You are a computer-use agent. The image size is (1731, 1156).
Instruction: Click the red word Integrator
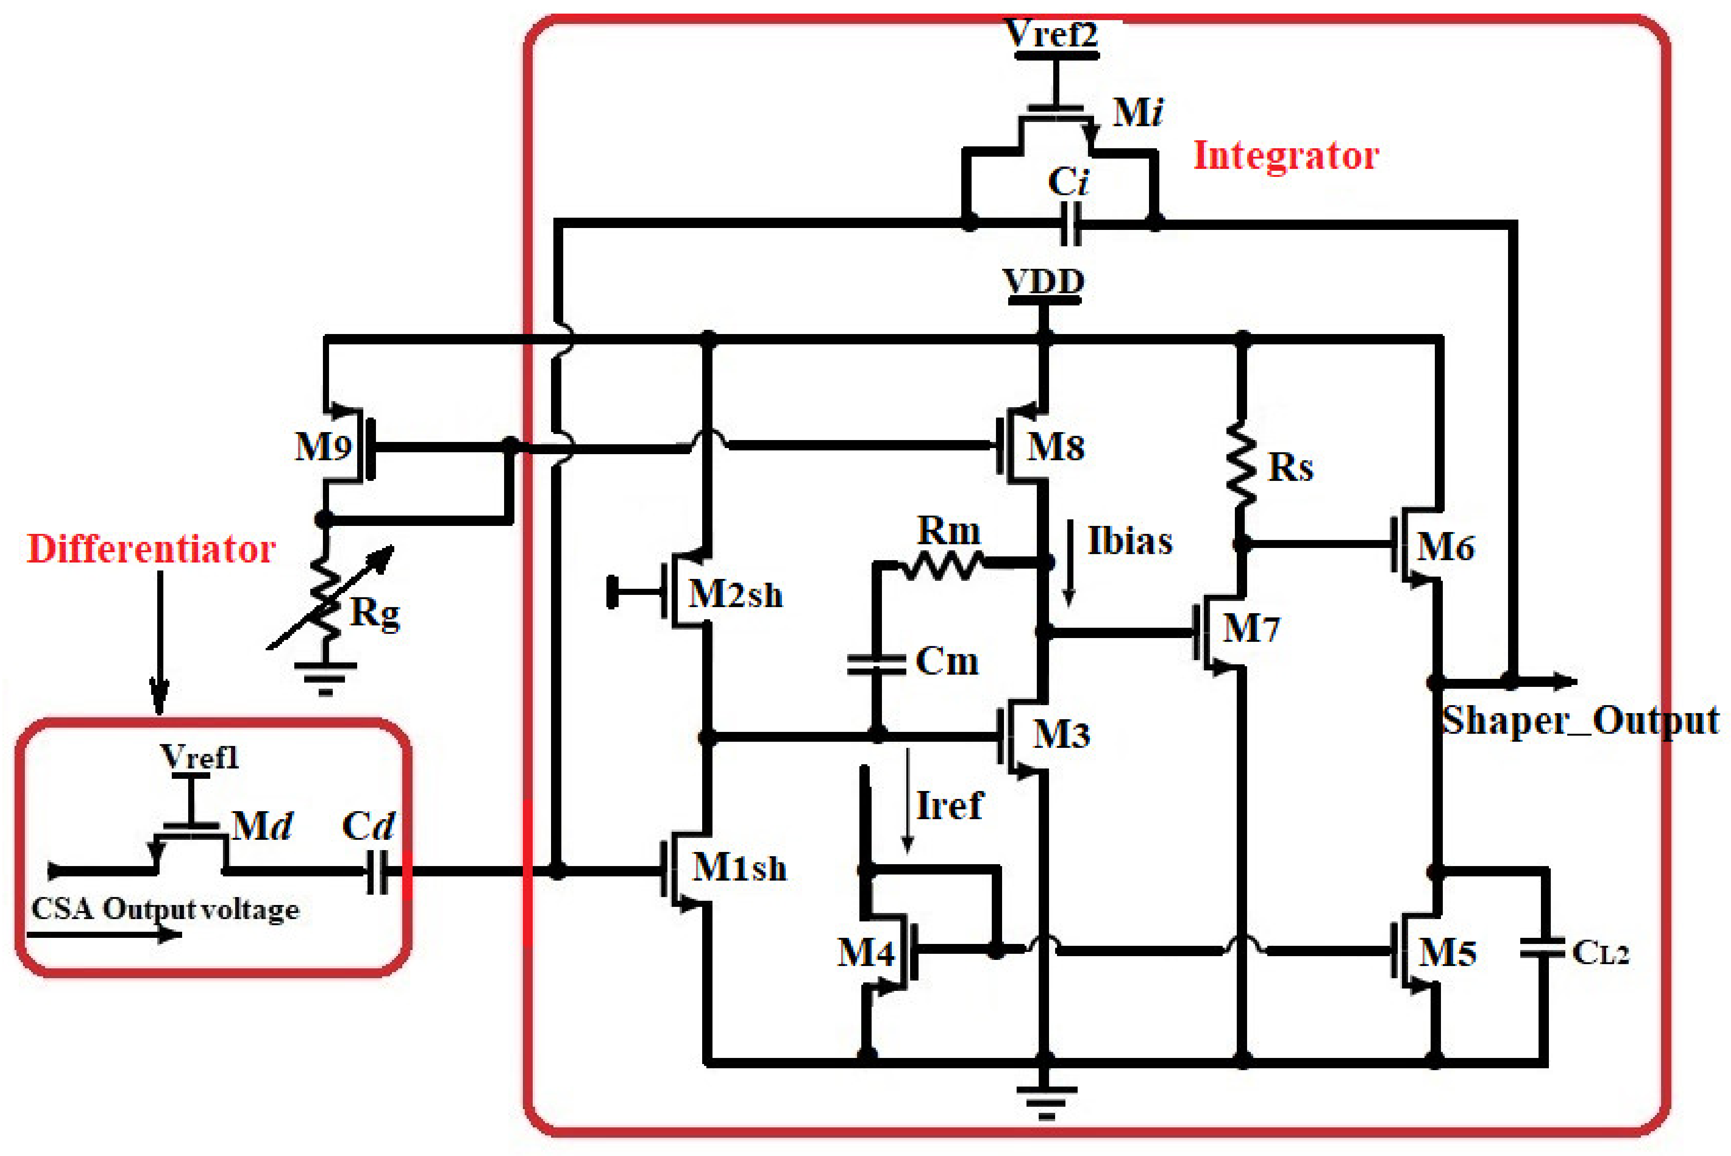1286,156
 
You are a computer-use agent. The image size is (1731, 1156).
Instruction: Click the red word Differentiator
151,549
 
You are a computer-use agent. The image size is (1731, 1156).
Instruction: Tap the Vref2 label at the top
1052,35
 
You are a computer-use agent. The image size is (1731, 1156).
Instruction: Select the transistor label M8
1056,447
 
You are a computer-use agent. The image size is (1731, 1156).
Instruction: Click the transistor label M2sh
735,594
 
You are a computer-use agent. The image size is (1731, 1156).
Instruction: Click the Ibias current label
1129,542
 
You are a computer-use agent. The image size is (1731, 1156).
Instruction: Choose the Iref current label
949,806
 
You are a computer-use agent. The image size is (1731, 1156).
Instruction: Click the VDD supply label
1043,281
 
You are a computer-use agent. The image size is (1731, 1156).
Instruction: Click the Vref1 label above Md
199,757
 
